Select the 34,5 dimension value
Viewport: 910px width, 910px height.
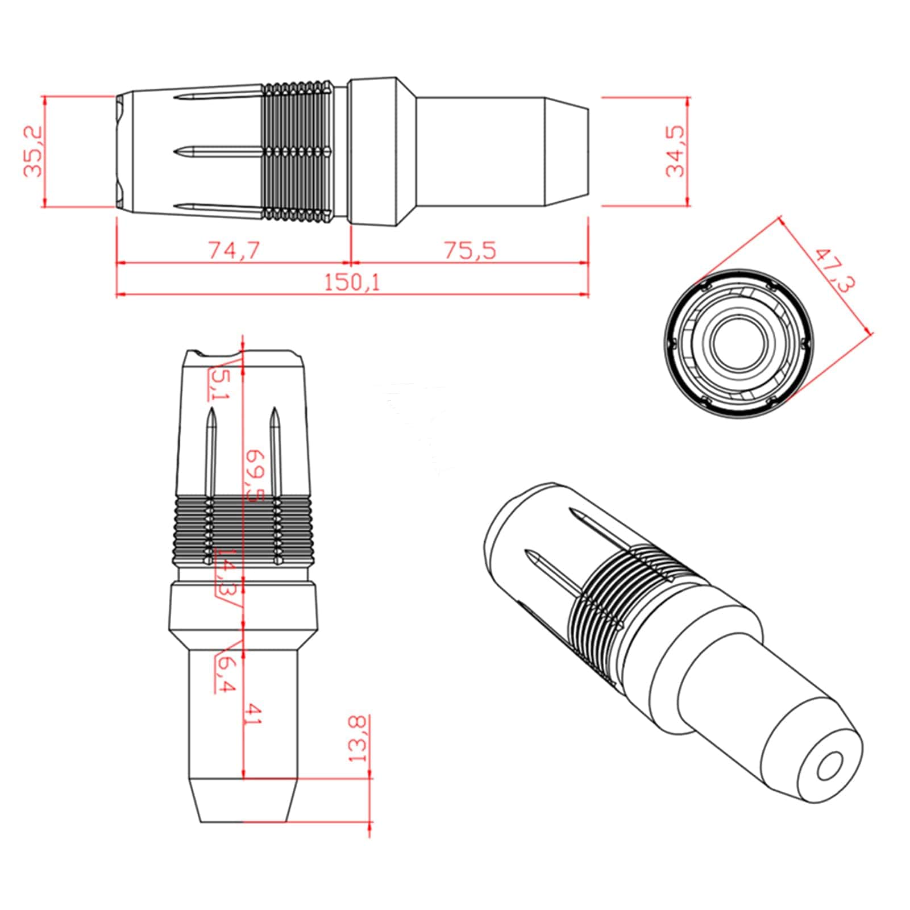[675, 152]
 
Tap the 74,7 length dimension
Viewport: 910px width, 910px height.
[234, 250]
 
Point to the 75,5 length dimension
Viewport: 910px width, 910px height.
[469, 250]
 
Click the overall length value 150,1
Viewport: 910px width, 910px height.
[352, 282]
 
